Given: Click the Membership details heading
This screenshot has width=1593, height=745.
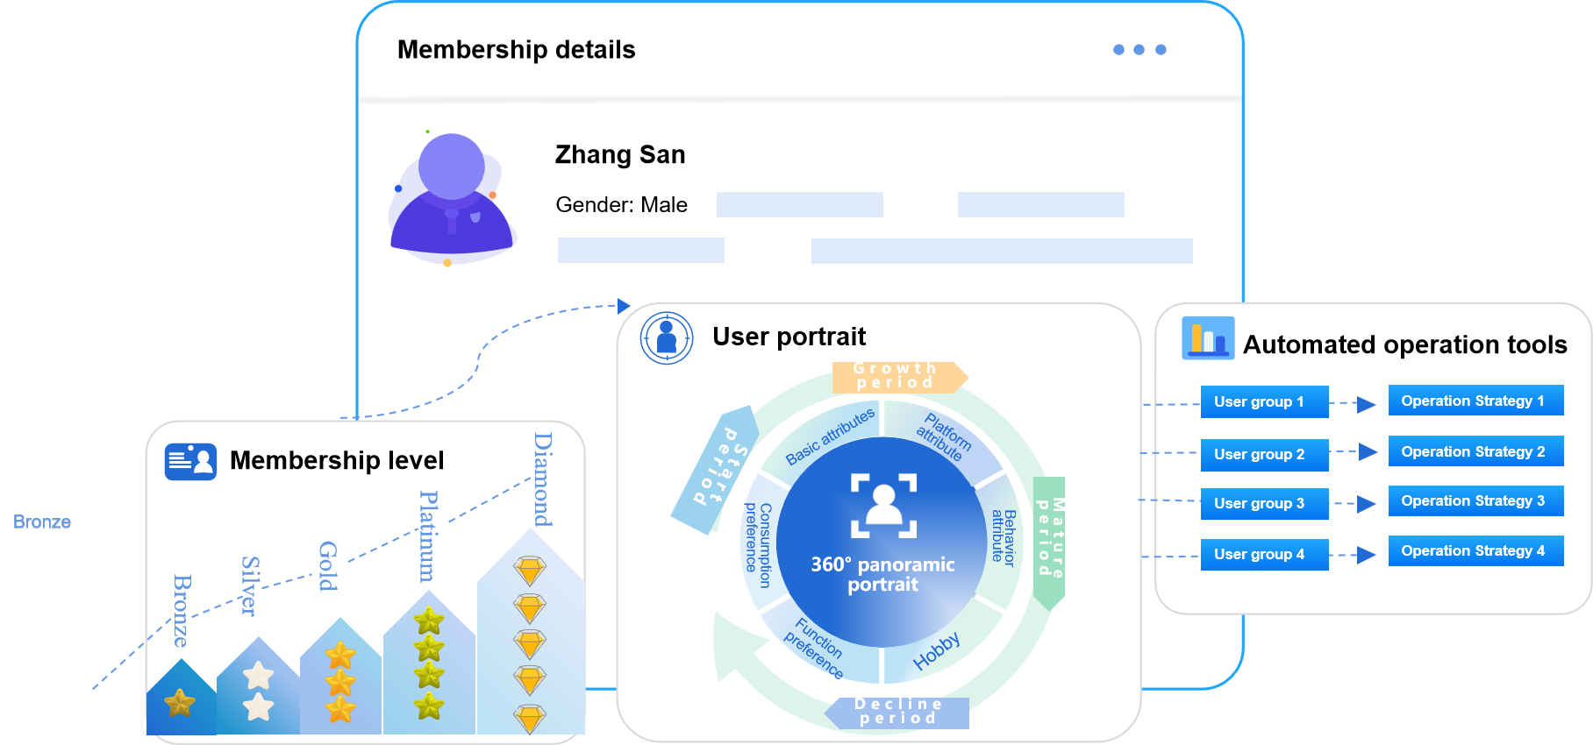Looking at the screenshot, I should (x=516, y=50).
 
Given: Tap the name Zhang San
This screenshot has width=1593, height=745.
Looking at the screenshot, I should (x=620, y=155).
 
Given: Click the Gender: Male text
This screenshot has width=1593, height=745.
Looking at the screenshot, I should (x=621, y=205).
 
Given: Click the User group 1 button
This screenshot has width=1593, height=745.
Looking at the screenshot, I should (x=1263, y=402).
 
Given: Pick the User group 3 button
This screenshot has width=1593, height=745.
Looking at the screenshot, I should (x=1263, y=504).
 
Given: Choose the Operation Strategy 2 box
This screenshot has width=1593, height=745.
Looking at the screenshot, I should (x=1475, y=452).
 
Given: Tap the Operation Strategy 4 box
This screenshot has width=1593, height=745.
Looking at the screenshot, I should (x=1475, y=551).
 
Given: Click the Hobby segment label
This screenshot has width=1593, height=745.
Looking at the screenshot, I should (x=937, y=651).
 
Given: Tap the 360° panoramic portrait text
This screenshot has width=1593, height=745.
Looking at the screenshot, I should (x=882, y=575).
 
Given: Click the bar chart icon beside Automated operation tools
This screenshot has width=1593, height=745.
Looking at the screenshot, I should (x=1208, y=338).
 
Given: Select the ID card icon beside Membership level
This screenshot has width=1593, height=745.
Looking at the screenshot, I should (x=190, y=461).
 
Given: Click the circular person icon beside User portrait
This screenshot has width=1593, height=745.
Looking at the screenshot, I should (x=667, y=337).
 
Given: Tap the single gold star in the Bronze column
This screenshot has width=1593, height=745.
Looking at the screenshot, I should (x=180, y=702).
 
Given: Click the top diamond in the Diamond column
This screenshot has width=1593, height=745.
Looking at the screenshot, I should (x=530, y=571).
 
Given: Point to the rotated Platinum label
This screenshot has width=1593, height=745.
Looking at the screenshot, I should (x=428, y=536).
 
